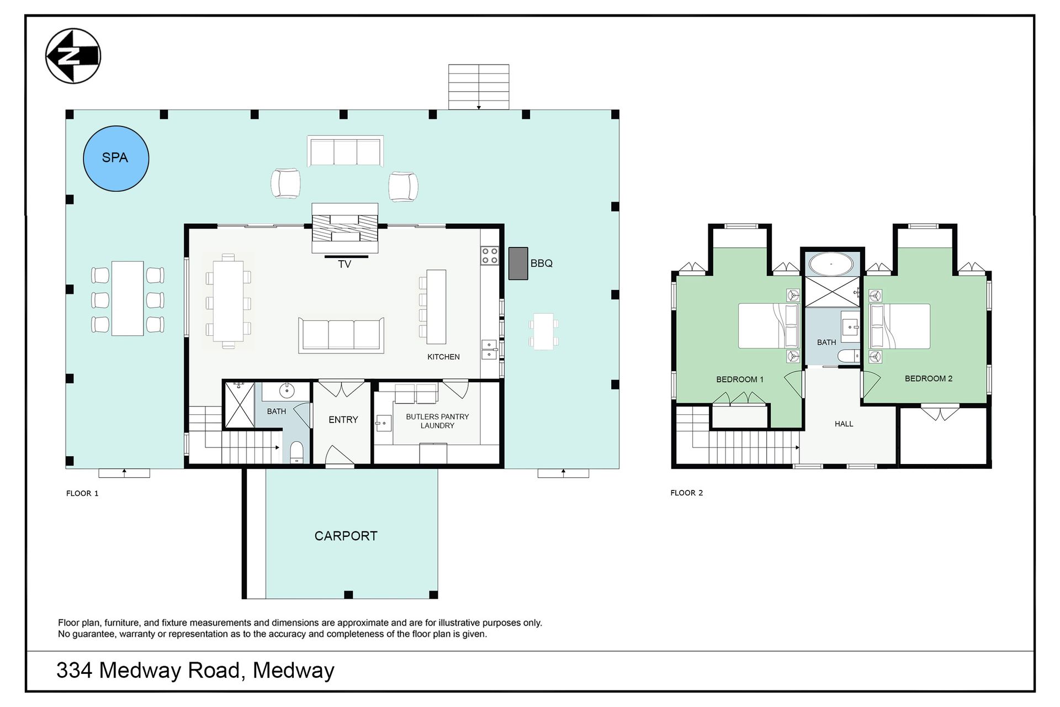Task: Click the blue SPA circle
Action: (116, 159)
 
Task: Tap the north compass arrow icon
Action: (73, 56)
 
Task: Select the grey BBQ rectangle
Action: (518, 263)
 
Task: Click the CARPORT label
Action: (346, 536)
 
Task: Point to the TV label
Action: (344, 265)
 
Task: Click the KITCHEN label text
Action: (443, 357)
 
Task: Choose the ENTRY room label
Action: (343, 420)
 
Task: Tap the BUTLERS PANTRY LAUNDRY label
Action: (437, 421)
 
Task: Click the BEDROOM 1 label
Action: (740, 379)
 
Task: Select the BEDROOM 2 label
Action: (929, 378)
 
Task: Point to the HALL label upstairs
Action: (844, 424)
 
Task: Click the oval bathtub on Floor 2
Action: (831, 264)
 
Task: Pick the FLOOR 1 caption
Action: (82, 493)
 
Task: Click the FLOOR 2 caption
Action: (687, 493)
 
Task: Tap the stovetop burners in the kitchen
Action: (490, 255)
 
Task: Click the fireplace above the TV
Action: (345, 228)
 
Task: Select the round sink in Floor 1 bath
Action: (287, 391)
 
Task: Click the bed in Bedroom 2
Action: (900, 326)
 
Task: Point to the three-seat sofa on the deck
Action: (345, 151)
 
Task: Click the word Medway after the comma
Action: (294, 671)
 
